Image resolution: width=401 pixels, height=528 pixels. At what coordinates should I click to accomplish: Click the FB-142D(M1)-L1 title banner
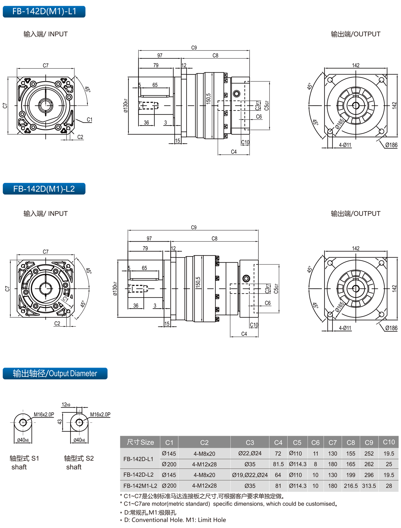pyautogui.click(x=44, y=11)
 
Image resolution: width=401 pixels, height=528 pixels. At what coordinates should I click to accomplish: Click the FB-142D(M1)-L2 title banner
pyautogui.click(x=44, y=189)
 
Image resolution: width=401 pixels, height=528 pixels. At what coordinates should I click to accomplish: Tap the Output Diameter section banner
pyautogui.click(x=55, y=373)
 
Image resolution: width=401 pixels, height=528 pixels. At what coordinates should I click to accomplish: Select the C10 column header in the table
pyautogui.click(x=389, y=442)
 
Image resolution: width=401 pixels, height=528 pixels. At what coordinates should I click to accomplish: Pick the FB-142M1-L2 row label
pyautogui.click(x=140, y=486)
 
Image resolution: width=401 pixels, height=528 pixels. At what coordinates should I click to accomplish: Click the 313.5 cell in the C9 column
pyautogui.click(x=369, y=486)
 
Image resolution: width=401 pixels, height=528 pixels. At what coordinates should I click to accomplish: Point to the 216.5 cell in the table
pyautogui.click(x=351, y=486)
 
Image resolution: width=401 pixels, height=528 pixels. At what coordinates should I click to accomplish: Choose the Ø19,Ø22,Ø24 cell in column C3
pyautogui.click(x=250, y=475)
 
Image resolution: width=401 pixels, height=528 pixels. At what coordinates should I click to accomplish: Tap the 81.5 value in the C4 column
pyautogui.click(x=278, y=464)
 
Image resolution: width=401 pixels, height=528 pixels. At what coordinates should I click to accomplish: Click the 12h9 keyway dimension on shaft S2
pyautogui.click(x=66, y=405)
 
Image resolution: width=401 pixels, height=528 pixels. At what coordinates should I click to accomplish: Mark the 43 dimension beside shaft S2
pyautogui.click(x=60, y=422)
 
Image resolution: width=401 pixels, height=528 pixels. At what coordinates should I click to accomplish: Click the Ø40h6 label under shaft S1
pyautogui.click(x=23, y=440)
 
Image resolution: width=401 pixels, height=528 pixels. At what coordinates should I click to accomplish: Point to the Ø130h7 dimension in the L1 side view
pyautogui.click(x=126, y=106)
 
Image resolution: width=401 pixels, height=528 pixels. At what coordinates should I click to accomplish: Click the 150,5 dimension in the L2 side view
pyautogui.click(x=198, y=282)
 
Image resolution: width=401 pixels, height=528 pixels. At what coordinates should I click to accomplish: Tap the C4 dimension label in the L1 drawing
pyautogui.click(x=234, y=152)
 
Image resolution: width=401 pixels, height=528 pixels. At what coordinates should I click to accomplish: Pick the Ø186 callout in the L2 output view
pyautogui.click(x=391, y=328)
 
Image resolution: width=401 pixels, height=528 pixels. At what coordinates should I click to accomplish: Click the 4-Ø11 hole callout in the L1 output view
pyautogui.click(x=345, y=145)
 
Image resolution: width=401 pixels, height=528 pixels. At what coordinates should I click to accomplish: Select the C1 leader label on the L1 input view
pyautogui.click(x=90, y=120)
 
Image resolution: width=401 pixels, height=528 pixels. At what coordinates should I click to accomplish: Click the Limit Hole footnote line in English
pyautogui.click(x=175, y=520)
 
